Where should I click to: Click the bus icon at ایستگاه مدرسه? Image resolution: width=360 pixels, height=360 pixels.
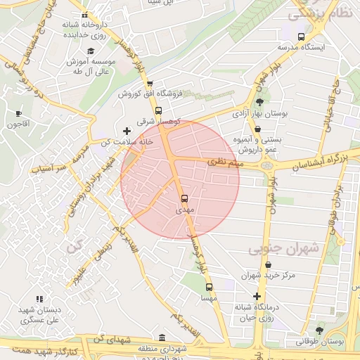click(302, 37)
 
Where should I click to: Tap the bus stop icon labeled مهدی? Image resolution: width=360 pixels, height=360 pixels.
click(185, 199)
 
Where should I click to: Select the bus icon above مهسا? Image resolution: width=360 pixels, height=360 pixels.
click(209, 287)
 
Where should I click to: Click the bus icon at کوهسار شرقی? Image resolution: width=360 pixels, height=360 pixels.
click(158, 110)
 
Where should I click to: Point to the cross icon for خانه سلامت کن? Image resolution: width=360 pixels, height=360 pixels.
click(127, 131)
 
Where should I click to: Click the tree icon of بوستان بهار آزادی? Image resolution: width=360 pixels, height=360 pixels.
click(259, 102)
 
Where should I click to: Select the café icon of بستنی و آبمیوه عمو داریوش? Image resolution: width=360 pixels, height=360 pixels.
click(258, 129)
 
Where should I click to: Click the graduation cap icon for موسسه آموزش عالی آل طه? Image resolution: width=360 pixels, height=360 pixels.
click(90, 51)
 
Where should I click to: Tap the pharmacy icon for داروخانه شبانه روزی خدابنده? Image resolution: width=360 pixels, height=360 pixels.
click(84, 15)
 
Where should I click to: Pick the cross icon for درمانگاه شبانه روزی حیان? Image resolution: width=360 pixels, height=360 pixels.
click(257, 296)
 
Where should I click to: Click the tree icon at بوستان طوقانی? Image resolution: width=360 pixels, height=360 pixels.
click(320, 330)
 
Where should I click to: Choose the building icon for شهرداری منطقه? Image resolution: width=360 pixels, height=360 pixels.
click(162, 337)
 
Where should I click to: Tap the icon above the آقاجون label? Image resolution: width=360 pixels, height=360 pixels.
click(18, 113)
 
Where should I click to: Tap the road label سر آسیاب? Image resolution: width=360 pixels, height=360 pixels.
click(53, 165)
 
